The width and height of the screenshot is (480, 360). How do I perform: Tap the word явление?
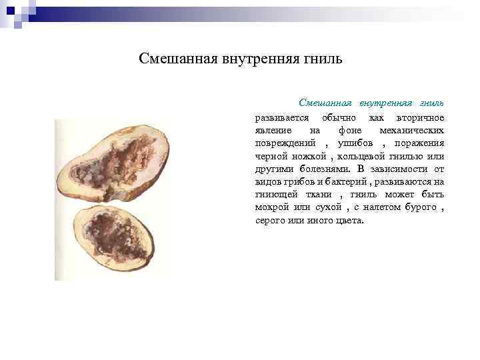272,131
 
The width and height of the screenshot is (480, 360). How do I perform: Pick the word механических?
411,131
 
